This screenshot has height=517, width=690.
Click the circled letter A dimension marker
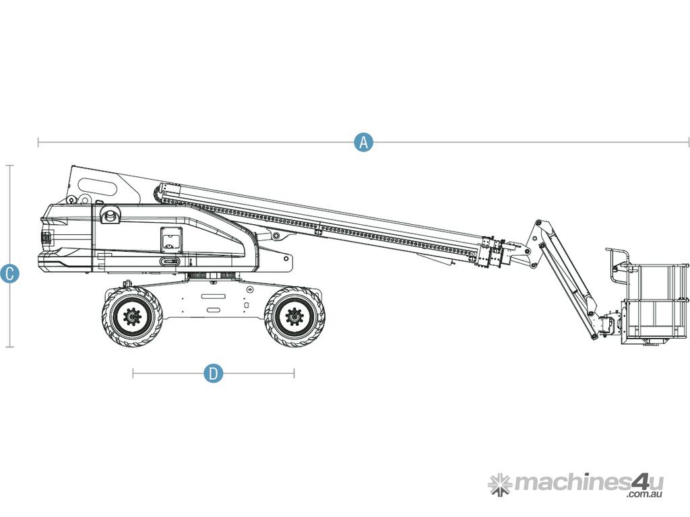363,142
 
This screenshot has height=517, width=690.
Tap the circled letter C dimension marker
9,273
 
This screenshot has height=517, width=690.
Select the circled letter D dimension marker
214,374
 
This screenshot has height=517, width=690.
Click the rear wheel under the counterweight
132,316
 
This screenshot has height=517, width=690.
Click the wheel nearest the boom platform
294,316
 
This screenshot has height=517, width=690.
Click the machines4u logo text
589,482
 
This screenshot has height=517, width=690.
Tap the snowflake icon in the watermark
500,485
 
